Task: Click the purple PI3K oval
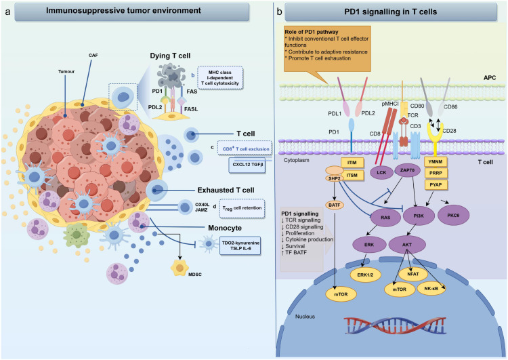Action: click(419, 216)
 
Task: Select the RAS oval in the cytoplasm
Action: click(385, 218)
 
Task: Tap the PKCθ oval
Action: click(453, 215)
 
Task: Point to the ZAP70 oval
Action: click(408, 170)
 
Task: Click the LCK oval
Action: click(381, 172)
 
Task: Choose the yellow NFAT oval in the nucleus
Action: click(413, 274)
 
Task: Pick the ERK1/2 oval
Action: click(366, 275)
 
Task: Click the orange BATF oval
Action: click(335, 205)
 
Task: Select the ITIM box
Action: click(352, 163)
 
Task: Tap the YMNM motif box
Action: click(436, 161)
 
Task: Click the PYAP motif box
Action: click(436, 185)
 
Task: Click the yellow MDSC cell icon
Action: click(179, 268)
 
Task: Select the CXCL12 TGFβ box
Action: click(247, 165)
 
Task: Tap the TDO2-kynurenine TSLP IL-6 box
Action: click(240, 245)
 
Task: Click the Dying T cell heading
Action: click(170, 56)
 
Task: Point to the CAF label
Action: click(93, 56)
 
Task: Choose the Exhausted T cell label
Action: click(226, 190)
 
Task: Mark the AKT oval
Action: click(407, 245)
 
